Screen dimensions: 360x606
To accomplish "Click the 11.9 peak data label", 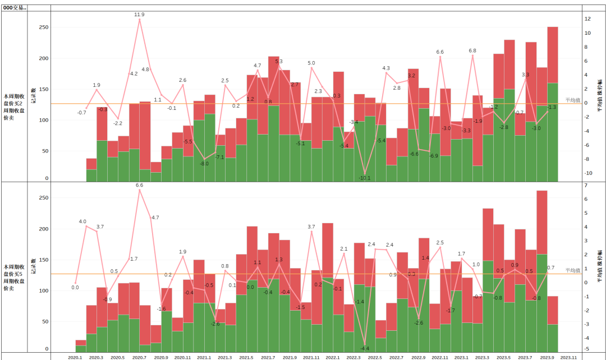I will [139, 15].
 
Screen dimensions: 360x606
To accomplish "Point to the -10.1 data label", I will [365, 178].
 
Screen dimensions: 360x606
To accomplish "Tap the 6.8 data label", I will [472, 50].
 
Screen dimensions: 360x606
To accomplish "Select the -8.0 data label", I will [204, 163].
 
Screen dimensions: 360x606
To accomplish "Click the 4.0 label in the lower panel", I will [82, 221].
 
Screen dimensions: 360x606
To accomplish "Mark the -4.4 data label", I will [365, 348].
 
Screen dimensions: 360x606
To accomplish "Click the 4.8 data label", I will [145, 70].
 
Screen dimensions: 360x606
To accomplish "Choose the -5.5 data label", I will [187, 141].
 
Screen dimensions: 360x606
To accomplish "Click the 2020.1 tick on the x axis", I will [75, 357].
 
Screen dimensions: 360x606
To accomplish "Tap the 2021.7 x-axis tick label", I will [268, 357].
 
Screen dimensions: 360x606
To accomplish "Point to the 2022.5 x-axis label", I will [375, 357].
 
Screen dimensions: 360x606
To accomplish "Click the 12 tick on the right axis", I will [587, 19].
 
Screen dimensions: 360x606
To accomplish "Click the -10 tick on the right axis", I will [588, 173].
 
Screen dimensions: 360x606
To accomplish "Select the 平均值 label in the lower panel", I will [573, 270].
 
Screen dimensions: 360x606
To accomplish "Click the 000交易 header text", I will [15, 8].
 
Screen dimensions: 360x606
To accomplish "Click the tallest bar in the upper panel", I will [553, 104].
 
